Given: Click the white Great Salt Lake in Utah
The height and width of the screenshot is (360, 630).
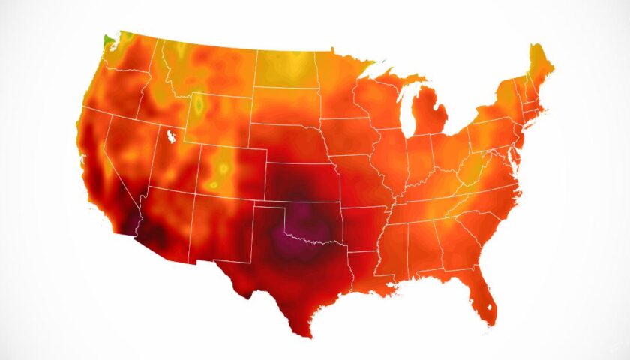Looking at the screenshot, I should tap(172, 137).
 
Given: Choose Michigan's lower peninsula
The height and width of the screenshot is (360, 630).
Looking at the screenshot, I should tap(432, 120).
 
